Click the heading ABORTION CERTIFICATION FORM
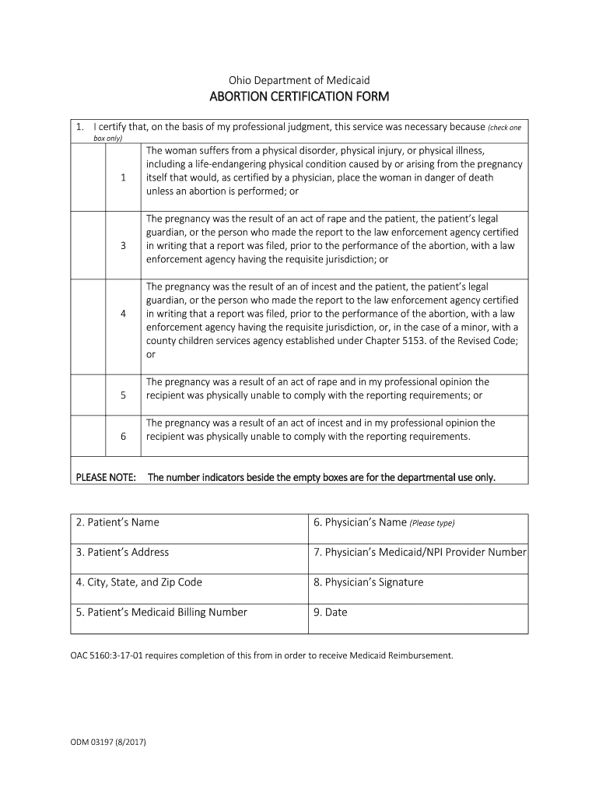[299, 97]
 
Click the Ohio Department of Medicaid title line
[299, 80]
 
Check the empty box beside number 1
[88, 177]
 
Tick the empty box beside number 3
[88, 246]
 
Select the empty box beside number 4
[88, 314]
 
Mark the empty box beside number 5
[88, 395]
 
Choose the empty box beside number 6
[88, 436]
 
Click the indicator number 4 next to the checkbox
[124, 314]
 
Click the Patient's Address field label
[122, 552]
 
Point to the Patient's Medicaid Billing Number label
[162, 612]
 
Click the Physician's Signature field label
[368, 582]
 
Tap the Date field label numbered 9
[331, 612]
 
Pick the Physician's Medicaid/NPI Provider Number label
[420, 552]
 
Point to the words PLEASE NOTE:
[106, 476]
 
